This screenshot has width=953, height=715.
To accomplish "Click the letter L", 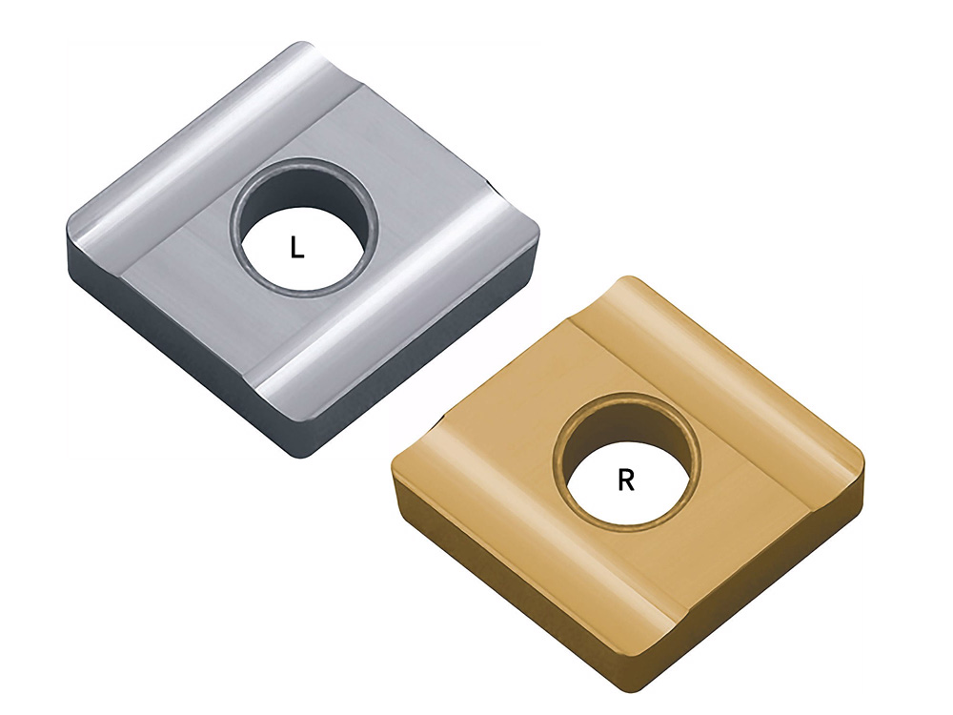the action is tap(297, 248).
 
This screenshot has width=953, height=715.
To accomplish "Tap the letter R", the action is tap(626, 480).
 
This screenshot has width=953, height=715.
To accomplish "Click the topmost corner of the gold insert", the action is tap(629, 277).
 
